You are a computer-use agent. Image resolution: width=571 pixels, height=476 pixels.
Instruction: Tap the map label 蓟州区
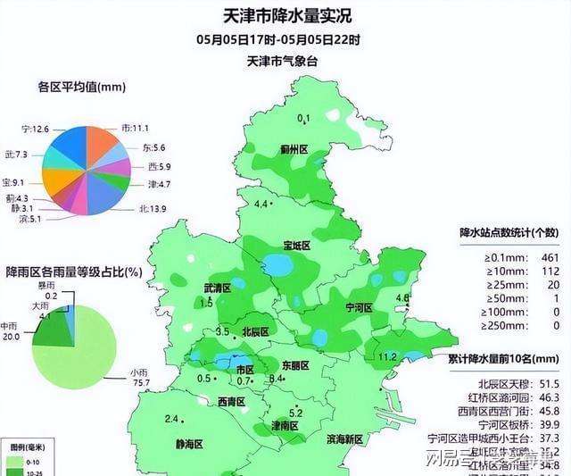(x=294, y=150)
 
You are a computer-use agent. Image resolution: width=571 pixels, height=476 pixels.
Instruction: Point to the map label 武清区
(x=217, y=288)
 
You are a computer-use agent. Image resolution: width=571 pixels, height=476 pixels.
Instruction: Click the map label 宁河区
(x=357, y=307)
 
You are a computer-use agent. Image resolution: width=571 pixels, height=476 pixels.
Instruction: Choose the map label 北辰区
(x=255, y=331)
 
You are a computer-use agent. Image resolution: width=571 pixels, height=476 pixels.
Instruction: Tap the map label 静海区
(x=188, y=443)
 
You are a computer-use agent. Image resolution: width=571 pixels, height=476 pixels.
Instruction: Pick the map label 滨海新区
(x=344, y=439)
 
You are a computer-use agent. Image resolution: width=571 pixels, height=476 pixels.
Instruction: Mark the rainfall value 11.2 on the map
(x=387, y=357)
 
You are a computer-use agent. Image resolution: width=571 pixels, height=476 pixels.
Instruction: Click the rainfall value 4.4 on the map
(x=261, y=205)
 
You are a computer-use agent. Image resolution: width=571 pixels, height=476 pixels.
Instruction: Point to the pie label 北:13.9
(x=153, y=209)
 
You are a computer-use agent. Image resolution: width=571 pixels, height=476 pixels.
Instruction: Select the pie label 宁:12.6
(x=36, y=129)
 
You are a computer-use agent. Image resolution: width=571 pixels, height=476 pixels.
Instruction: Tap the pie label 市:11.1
(x=134, y=129)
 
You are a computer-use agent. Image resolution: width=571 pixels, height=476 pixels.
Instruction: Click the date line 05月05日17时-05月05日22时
(x=279, y=40)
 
